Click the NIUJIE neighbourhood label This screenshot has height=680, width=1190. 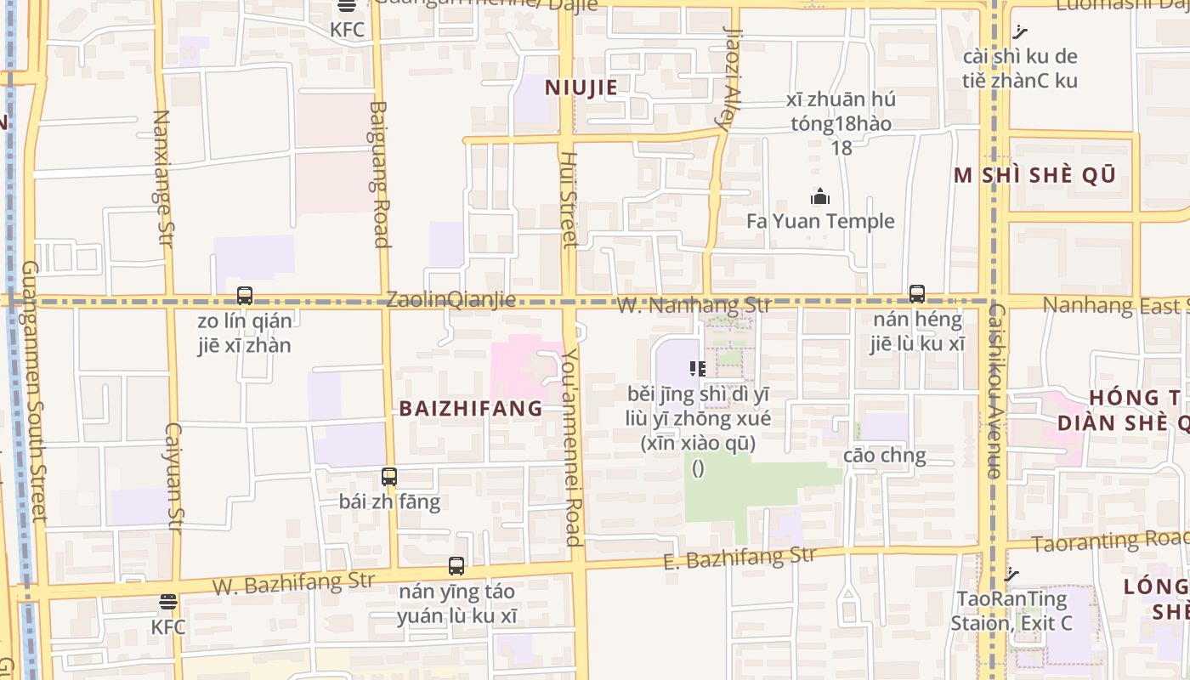point(581,87)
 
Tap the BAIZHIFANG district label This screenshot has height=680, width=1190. point(471,408)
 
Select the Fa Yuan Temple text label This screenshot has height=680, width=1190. point(820,221)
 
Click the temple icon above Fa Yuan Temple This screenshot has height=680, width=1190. point(820,197)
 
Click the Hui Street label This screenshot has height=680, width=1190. point(569,200)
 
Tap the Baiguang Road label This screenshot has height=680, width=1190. point(380,174)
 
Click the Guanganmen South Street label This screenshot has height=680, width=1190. point(32,391)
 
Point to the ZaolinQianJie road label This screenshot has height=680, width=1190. point(450,299)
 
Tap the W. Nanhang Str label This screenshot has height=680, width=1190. point(694,305)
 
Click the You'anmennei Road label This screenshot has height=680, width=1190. point(571,446)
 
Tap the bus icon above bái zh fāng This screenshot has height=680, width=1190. point(389,477)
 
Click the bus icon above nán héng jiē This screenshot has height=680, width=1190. point(916,294)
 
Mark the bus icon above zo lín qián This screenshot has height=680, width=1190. point(245,296)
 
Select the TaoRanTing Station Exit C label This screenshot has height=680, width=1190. point(1011,611)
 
